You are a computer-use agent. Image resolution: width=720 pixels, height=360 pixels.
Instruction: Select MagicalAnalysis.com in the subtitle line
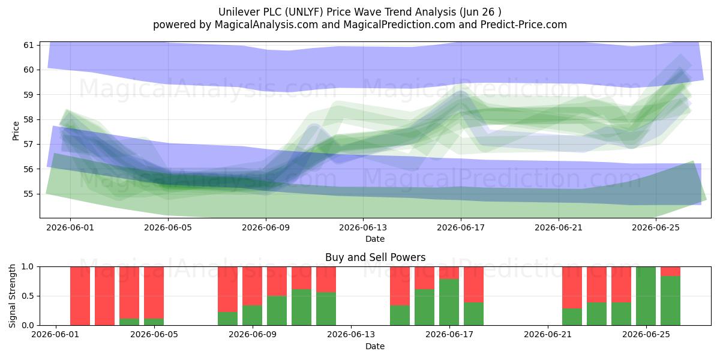(x=266, y=25)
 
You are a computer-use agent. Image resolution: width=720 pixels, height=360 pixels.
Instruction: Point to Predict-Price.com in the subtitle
(x=524, y=25)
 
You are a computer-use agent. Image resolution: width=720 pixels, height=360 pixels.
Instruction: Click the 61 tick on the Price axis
(x=29, y=45)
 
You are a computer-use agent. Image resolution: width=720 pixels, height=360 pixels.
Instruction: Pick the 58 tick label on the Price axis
(x=29, y=119)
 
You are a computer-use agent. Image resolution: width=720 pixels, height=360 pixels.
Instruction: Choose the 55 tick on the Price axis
(x=29, y=194)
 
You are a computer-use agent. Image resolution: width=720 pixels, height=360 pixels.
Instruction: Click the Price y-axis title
(x=16, y=131)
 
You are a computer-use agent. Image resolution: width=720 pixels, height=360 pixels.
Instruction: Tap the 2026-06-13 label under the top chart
(x=363, y=227)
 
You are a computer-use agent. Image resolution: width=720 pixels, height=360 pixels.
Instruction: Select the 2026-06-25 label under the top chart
(x=656, y=227)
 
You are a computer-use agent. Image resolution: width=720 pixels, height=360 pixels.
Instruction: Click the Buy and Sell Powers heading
(x=375, y=257)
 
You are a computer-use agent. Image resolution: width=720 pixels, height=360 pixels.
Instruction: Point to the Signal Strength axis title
(x=12, y=296)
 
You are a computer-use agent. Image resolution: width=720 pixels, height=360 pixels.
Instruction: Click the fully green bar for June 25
(x=646, y=296)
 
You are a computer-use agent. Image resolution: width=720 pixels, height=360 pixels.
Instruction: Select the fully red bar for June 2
(x=80, y=296)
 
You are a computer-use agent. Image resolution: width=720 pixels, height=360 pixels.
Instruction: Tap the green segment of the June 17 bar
(x=449, y=302)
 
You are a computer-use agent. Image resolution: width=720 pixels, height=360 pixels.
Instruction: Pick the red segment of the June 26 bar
(x=671, y=271)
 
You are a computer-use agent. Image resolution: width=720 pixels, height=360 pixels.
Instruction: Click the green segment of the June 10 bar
(x=277, y=310)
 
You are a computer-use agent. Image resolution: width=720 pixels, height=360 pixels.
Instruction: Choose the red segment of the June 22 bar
(x=572, y=287)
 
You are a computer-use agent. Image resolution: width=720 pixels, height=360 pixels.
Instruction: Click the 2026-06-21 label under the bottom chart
(x=548, y=335)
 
